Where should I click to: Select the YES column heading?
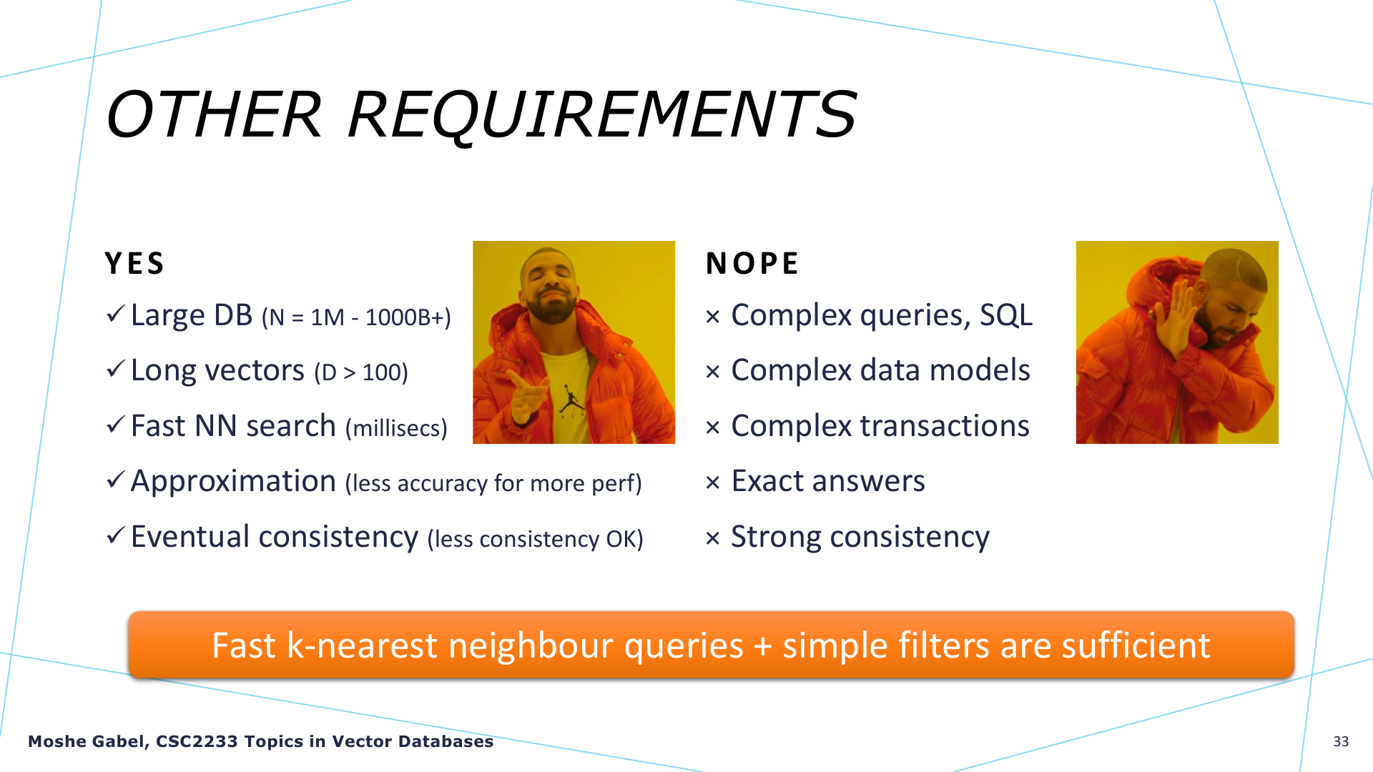tap(134, 264)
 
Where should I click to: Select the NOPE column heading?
tap(752, 264)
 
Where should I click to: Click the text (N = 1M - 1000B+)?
tap(356, 317)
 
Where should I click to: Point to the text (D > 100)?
tap(361, 372)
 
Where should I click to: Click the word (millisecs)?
tap(396, 428)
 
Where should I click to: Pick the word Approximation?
tap(233, 481)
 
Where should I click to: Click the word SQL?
tap(1006, 315)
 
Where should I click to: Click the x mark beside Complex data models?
tap(712, 372)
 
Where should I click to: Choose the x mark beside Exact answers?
tap(712, 482)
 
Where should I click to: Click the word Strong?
tap(776, 538)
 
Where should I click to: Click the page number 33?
tap(1341, 742)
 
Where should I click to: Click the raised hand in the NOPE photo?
tap(1181, 318)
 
